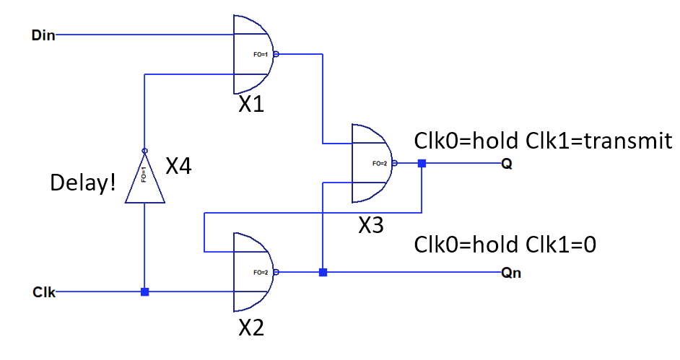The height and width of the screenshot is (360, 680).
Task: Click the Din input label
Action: (43, 35)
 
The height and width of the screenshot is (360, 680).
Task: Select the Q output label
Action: (507, 164)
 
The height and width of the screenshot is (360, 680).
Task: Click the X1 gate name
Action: (251, 106)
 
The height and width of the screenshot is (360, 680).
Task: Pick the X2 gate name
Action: (251, 328)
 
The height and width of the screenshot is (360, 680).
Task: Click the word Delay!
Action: (82, 183)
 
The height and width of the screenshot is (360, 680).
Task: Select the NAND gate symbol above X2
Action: (252, 272)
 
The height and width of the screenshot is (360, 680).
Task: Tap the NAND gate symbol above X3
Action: (370, 164)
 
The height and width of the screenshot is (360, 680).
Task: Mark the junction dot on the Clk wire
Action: (144, 292)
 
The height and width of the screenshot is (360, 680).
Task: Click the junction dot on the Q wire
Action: (422, 164)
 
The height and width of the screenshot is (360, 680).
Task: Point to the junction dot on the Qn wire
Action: (323, 272)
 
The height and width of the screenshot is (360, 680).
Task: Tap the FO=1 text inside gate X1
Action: (258, 54)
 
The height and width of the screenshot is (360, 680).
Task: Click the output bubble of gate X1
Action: (276, 54)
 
